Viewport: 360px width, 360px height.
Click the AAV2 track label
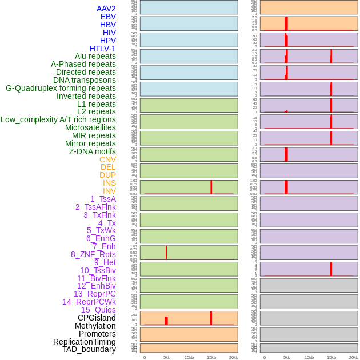[x=106, y=9]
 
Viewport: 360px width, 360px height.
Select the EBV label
[x=108, y=17]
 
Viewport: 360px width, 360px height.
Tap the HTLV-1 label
[x=103, y=49]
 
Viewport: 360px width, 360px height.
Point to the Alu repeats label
[x=95, y=56]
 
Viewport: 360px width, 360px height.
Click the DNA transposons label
[x=85, y=80]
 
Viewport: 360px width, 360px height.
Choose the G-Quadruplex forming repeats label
[x=61, y=88]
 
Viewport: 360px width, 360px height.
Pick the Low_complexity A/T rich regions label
[x=58, y=119]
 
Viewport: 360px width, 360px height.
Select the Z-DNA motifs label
[x=93, y=151]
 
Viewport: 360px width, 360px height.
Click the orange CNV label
[x=107, y=159]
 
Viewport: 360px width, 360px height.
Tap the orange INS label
[x=109, y=183]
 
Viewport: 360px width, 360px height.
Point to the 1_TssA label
[x=103, y=199]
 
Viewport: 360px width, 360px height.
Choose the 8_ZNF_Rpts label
[x=93, y=254]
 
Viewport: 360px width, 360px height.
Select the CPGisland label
[x=97, y=318]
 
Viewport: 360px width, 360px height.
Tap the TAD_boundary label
[x=89, y=349]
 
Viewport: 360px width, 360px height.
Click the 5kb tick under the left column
[x=167, y=357]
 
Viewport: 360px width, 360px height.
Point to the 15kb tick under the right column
[x=331, y=357]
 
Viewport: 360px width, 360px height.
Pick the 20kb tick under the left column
[x=234, y=357]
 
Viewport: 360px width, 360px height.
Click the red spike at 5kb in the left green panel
[x=166, y=253]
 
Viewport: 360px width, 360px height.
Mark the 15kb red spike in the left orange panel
[x=211, y=318]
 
